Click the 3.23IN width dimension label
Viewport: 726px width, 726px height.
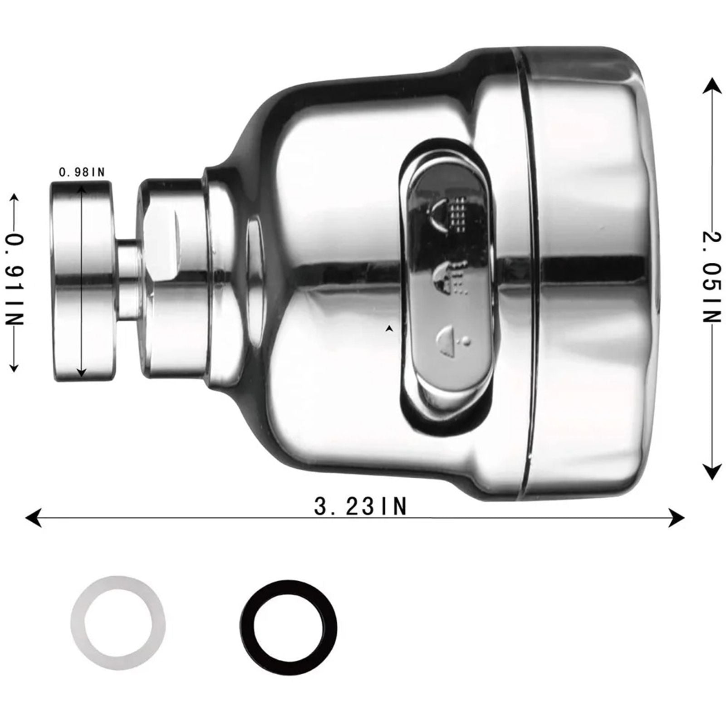click(360, 506)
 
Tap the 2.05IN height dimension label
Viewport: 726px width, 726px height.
click(711, 277)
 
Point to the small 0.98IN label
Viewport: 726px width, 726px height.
click(82, 172)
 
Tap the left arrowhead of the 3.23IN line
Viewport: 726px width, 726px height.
click(33, 517)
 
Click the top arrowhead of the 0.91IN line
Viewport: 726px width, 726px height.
click(14, 199)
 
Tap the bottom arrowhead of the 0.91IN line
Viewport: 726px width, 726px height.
click(14, 367)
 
